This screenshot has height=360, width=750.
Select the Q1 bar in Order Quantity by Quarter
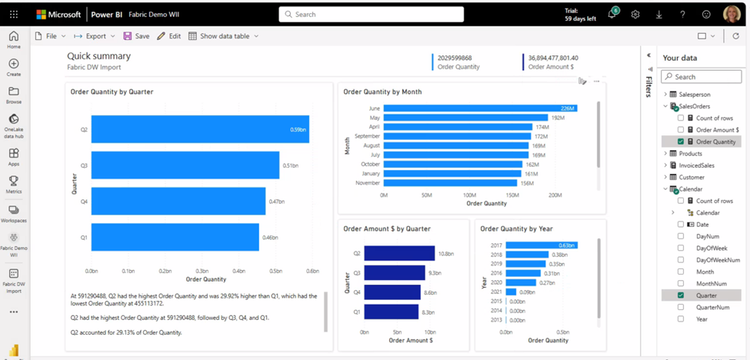pos(180,237)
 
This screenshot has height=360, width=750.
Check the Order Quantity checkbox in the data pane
pos(680,141)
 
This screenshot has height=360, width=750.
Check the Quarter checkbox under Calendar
pos(680,295)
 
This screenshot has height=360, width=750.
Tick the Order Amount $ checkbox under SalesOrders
pos(680,129)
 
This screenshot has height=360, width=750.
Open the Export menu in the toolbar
pos(91,36)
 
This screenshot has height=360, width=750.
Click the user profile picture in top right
pos(731,14)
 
